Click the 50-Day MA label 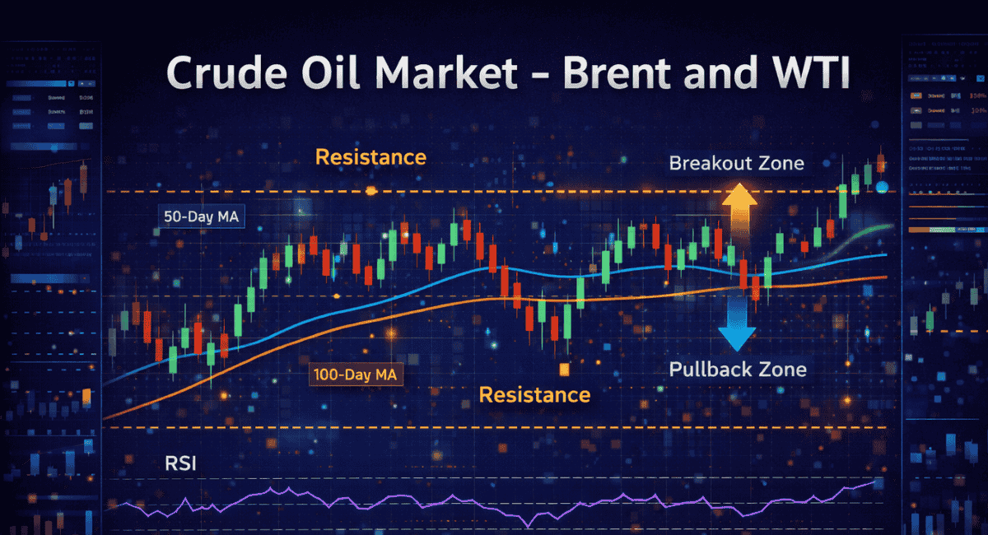pos(196,216)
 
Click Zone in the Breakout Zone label pos(780,163)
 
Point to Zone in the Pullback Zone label pos(782,369)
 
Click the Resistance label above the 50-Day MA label pos(370,156)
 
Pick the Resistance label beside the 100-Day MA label pos(534,394)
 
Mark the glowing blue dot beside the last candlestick pos(882,188)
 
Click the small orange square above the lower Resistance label pos(564,369)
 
